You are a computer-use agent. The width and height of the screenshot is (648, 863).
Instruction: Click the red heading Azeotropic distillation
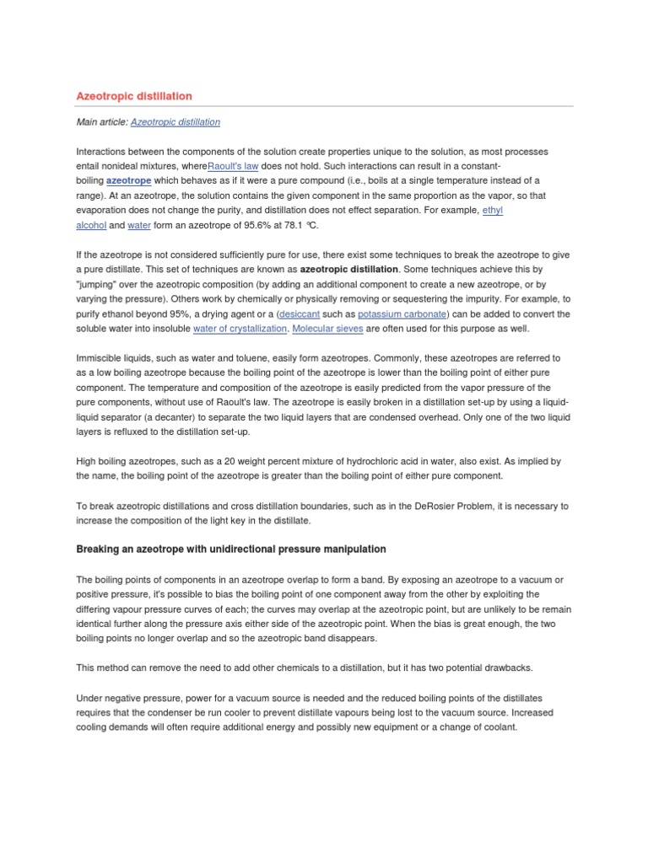133,97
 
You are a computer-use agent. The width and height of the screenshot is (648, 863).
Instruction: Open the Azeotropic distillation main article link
175,122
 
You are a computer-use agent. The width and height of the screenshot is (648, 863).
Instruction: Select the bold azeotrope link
129,181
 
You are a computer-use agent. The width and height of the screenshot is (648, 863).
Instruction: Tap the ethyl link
492,211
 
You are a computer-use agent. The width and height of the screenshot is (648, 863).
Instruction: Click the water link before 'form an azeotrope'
139,226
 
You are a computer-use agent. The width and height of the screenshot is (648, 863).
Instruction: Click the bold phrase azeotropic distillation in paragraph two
349,270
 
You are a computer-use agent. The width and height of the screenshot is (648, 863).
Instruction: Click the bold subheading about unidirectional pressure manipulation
230,549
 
